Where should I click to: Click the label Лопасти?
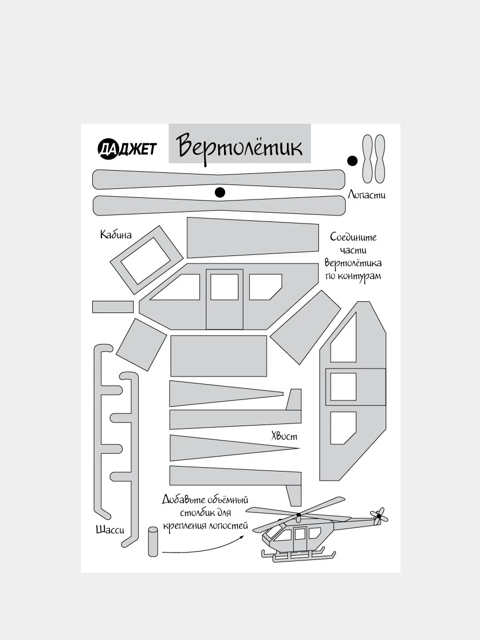click(x=366, y=195)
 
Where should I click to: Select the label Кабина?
click(x=116, y=235)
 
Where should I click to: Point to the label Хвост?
click(x=284, y=436)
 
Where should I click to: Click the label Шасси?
click(x=110, y=530)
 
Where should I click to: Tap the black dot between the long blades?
click(x=220, y=193)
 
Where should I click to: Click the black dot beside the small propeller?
click(x=352, y=161)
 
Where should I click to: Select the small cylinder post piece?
click(x=153, y=541)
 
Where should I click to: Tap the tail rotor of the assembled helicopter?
click(x=379, y=516)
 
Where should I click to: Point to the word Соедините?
click(x=353, y=237)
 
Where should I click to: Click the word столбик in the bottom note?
click(x=187, y=513)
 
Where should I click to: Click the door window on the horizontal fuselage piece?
click(x=224, y=287)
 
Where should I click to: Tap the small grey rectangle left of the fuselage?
click(x=113, y=307)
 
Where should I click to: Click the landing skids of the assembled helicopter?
click(x=299, y=557)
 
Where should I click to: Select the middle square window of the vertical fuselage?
click(x=343, y=387)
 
